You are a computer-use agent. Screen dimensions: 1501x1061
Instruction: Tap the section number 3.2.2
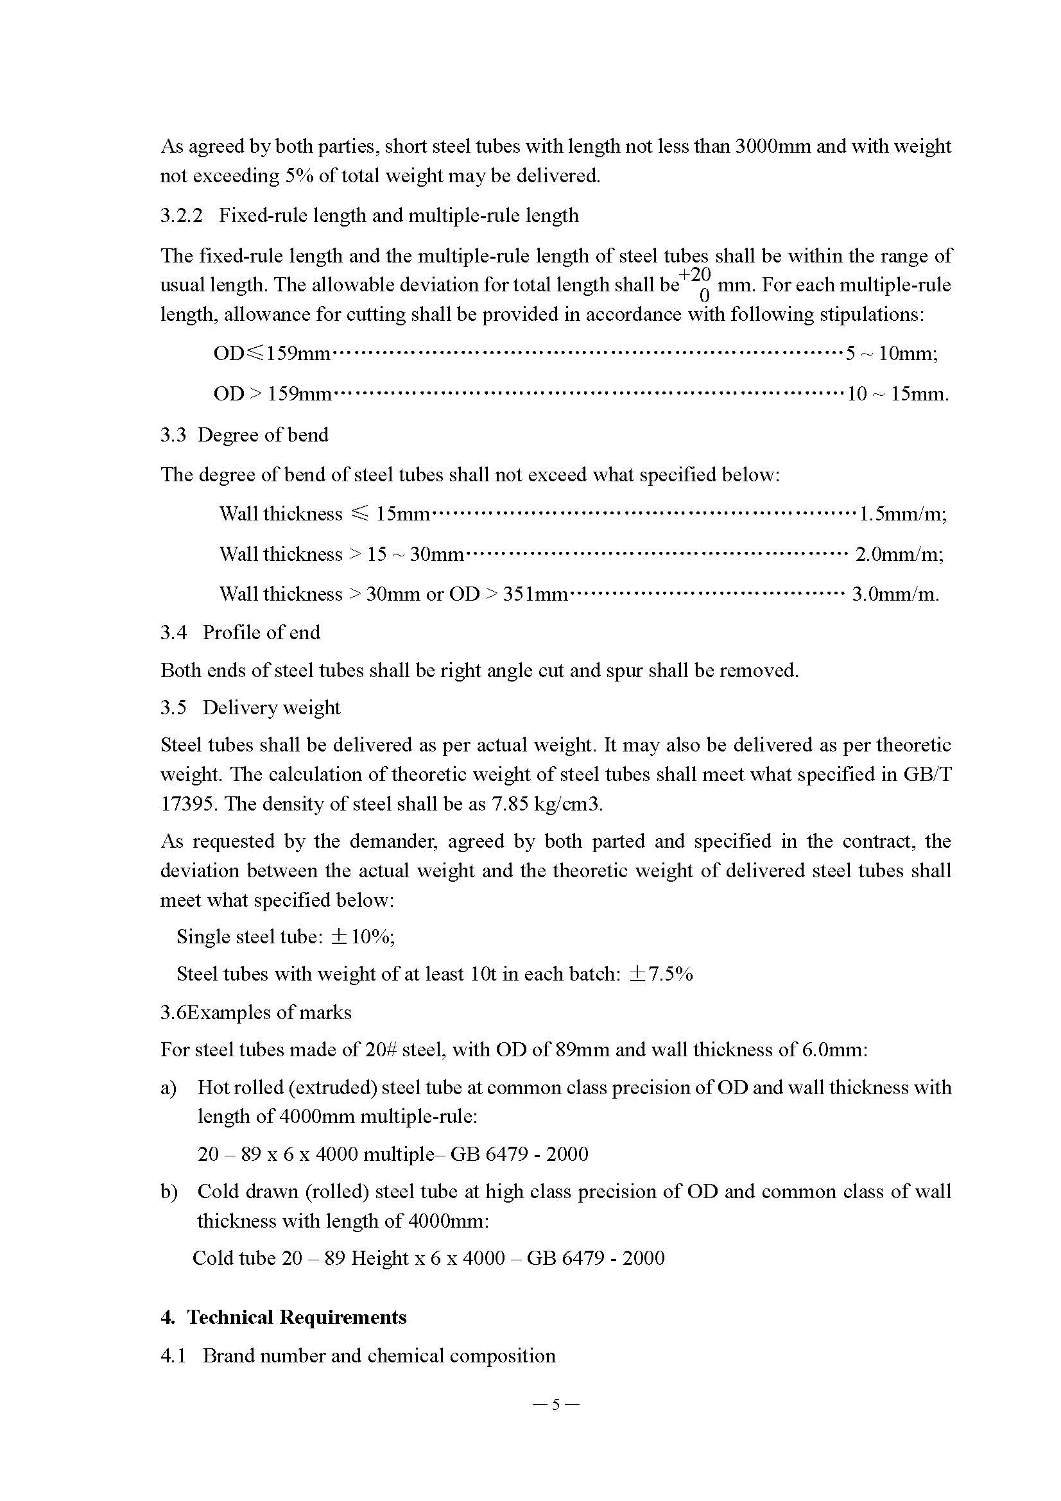(182, 215)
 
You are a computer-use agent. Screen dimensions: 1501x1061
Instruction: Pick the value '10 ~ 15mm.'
(897, 393)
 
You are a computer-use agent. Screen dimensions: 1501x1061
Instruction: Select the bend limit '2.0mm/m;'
(899, 554)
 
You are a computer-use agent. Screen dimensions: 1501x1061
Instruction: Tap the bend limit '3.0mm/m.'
(895, 594)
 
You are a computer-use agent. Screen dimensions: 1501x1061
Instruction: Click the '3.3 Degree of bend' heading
(244, 434)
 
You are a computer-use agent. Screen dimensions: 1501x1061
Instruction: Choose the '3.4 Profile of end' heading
(240, 632)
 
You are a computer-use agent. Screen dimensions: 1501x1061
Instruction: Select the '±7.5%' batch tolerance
(660, 974)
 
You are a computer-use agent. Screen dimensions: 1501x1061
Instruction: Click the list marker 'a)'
(169, 1087)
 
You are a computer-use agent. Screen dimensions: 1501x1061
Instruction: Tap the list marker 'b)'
(169, 1191)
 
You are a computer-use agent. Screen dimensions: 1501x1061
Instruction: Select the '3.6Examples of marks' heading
(255, 1012)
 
